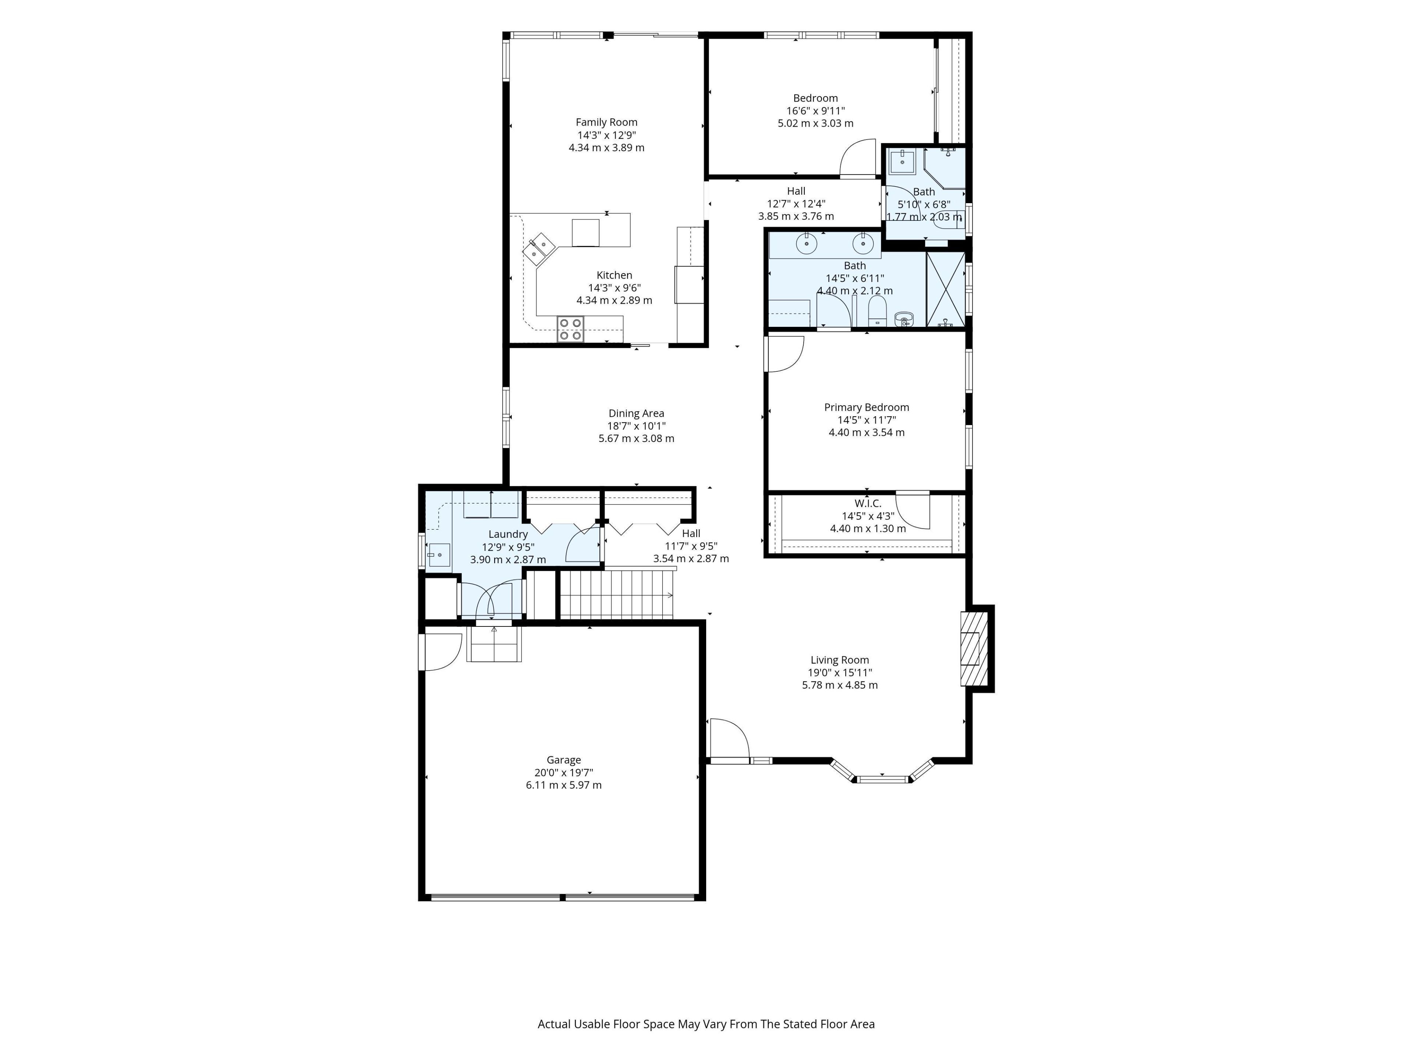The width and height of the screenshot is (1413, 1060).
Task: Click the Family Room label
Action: point(606,122)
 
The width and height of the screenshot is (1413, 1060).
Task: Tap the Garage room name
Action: point(563,760)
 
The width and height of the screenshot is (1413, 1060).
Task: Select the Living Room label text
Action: point(839,660)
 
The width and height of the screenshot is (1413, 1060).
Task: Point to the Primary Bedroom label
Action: point(866,407)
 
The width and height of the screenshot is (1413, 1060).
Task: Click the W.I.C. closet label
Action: point(867,504)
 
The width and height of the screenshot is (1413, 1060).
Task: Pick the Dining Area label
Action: point(636,413)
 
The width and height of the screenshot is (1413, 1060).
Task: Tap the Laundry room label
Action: point(508,534)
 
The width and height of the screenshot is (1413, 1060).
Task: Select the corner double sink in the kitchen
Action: point(538,248)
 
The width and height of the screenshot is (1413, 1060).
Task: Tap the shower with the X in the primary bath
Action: point(945,289)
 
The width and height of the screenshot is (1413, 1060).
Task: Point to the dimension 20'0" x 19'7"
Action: point(563,773)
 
